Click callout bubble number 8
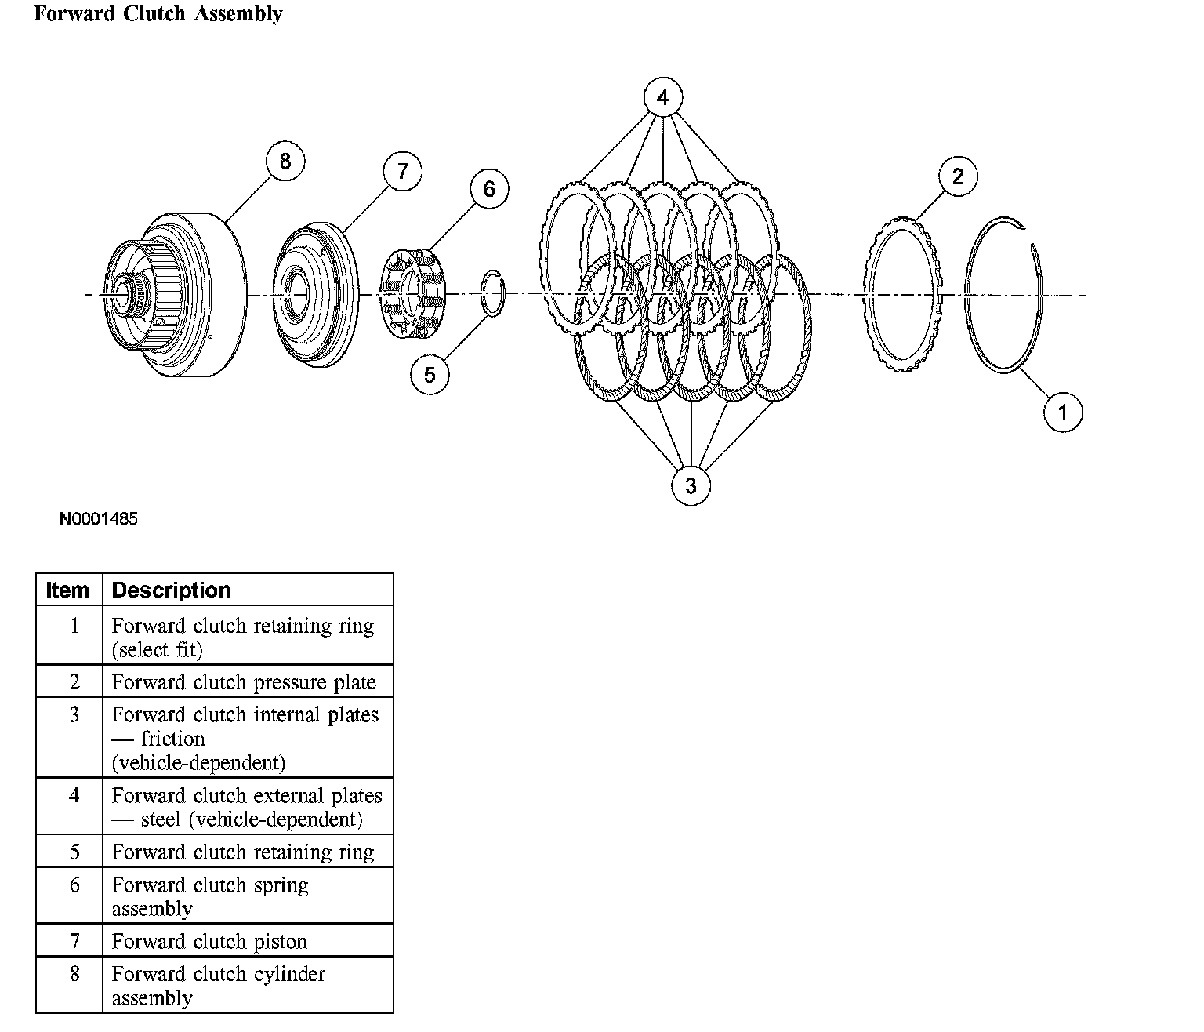click(x=285, y=161)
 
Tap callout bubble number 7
click(x=402, y=171)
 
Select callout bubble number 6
click(x=489, y=188)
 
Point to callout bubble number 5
click(x=430, y=374)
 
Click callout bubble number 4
click(x=663, y=98)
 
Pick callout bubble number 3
click(x=691, y=485)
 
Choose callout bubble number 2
click(x=958, y=176)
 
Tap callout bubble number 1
click(x=1063, y=412)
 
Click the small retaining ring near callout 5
click(x=494, y=294)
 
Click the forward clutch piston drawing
click(x=317, y=295)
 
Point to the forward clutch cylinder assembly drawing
click(x=176, y=294)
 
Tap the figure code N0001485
click(x=99, y=518)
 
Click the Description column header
click(x=172, y=590)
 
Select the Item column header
click(x=68, y=590)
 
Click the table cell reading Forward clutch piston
click(x=209, y=941)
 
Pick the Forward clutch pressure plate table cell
click(x=244, y=682)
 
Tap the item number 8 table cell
click(x=74, y=974)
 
